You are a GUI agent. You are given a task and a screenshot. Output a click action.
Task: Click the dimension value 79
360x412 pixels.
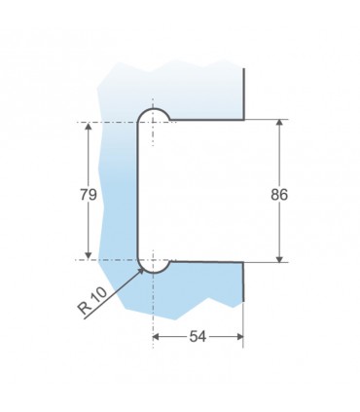[x=89, y=195]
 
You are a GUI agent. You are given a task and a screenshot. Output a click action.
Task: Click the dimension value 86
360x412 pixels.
[x=279, y=195]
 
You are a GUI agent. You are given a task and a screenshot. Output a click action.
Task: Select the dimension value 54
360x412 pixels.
[x=198, y=337]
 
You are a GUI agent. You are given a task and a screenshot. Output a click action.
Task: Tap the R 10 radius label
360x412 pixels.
[x=92, y=301]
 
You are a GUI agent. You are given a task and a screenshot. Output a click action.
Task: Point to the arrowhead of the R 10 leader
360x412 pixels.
[x=141, y=272]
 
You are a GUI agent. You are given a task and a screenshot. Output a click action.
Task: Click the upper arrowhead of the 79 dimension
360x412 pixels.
[x=89, y=127]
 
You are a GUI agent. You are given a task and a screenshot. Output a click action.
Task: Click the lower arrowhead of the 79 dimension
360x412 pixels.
[x=89, y=255]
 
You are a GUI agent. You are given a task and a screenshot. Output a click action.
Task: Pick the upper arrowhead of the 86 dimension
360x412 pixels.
[x=279, y=124]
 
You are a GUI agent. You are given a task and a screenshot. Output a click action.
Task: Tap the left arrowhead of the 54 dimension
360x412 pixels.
[x=157, y=337]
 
